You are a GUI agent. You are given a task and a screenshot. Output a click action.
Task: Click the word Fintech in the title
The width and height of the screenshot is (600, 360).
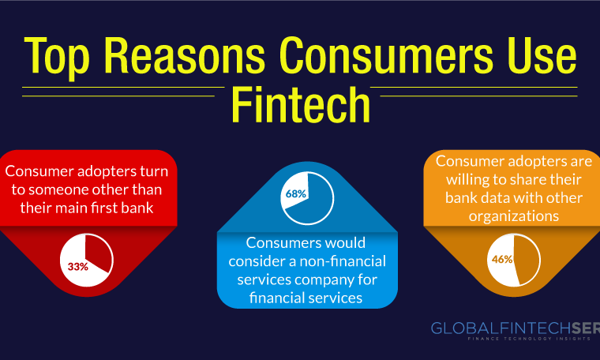click(x=301, y=104)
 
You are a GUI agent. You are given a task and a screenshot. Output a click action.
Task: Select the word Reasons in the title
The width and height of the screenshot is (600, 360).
click(x=185, y=54)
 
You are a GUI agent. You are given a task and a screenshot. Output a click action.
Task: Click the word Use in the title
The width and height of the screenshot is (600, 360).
click(x=542, y=54)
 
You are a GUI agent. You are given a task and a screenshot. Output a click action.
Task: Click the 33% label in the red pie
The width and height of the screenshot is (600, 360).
click(x=78, y=267)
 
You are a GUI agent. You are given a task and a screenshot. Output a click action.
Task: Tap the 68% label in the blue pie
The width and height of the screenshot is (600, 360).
click(x=296, y=194)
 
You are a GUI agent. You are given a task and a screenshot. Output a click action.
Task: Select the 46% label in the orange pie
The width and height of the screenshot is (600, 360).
click(x=502, y=260)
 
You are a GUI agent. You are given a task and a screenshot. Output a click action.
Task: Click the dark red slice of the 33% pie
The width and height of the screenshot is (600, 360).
click(x=99, y=253)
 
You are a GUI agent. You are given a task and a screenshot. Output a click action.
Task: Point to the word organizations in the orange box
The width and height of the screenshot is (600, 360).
click(x=514, y=216)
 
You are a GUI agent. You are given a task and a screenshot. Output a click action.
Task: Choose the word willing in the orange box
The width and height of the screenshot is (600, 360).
click(x=469, y=180)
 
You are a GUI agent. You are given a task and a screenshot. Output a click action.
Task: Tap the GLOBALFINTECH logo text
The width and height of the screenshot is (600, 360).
click(x=515, y=328)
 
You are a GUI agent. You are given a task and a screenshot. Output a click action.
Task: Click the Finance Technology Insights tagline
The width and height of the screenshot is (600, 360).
click(x=529, y=339)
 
